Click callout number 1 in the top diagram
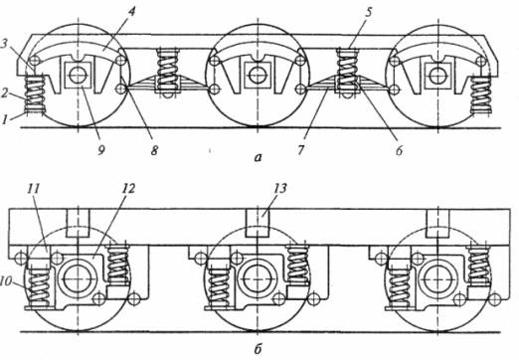coord(4,119)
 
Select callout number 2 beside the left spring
coord(4,93)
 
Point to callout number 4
coord(132,13)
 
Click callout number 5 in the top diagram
coord(369,13)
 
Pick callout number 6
coord(399,150)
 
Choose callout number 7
coord(300,150)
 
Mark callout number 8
coord(154,150)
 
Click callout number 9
coord(100,150)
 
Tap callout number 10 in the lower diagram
coord(6,281)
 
